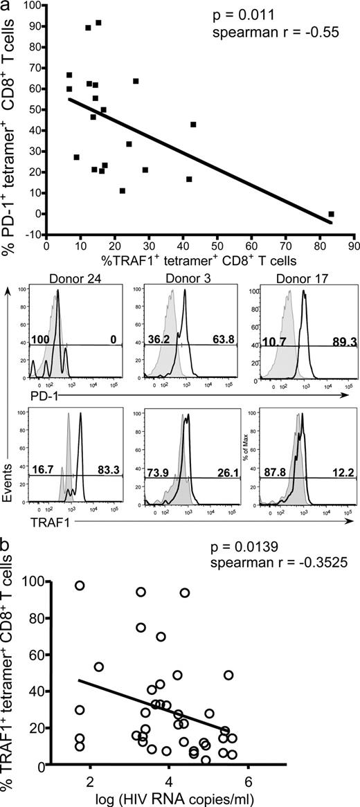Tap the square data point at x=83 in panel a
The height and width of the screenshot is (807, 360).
click(x=331, y=215)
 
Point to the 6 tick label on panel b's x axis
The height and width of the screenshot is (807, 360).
click(x=247, y=780)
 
